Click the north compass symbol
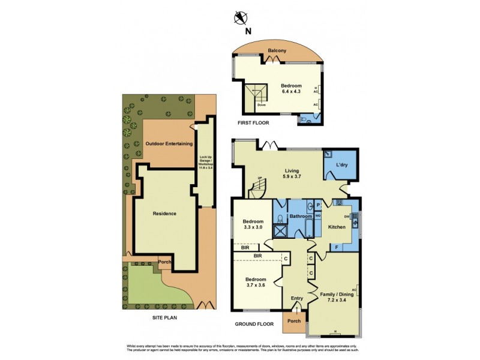click(241, 17)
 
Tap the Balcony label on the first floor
click(277, 52)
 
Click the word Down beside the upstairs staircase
click(262, 105)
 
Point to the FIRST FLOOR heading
click(253, 122)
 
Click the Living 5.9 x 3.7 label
click(292, 173)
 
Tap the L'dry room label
click(342, 164)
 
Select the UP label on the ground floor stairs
click(260, 178)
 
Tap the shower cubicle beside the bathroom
click(280, 230)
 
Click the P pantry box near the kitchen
click(318, 205)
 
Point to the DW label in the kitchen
click(347, 217)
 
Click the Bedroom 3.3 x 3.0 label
click(253, 224)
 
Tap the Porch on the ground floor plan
click(295, 320)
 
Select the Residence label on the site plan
click(164, 214)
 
